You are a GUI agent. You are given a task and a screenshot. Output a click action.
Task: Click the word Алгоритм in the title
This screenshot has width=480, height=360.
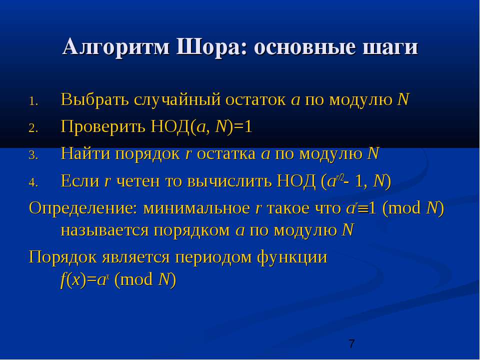pyautogui.click(x=116, y=47)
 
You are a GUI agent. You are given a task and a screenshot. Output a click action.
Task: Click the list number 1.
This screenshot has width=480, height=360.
pyautogui.click(x=33, y=101)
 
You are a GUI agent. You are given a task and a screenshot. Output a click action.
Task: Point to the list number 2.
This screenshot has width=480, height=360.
pyautogui.click(x=33, y=128)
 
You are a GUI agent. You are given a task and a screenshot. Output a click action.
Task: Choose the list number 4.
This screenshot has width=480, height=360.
pyautogui.click(x=33, y=182)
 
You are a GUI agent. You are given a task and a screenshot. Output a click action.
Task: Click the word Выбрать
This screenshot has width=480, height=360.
pyautogui.click(x=95, y=99)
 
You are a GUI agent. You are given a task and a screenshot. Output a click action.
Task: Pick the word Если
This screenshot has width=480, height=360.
pyautogui.click(x=80, y=180)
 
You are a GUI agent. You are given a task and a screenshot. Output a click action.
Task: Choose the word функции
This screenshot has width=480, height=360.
pyautogui.click(x=292, y=257)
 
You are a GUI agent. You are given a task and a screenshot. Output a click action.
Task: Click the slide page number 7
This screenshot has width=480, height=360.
pyautogui.click(x=351, y=343)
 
